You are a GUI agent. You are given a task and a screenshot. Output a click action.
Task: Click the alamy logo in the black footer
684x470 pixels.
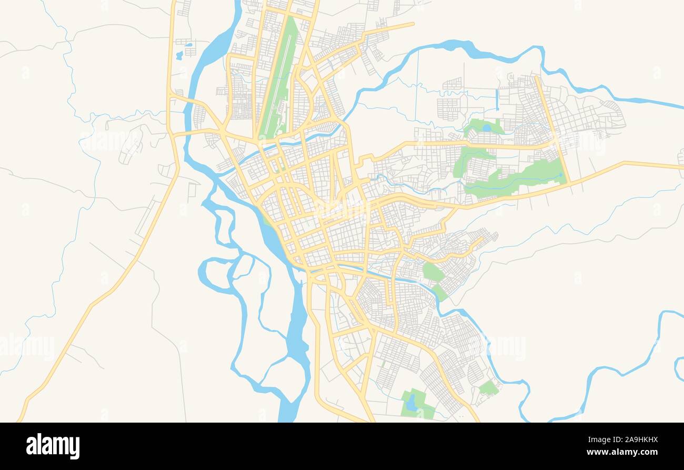(x=53, y=446)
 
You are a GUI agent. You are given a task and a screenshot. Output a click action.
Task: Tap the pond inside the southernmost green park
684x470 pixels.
(x=411, y=402)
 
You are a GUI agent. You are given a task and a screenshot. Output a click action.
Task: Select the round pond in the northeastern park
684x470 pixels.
(x=487, y=127)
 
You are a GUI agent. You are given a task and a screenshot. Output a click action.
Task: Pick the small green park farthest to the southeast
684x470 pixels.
(x=488, y=388)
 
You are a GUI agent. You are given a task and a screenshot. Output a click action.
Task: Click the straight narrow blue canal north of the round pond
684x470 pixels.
(x=497, y=100)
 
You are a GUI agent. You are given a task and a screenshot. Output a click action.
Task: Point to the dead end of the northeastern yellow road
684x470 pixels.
(x=414, y=23)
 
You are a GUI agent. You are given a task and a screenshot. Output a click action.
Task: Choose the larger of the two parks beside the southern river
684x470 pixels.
(x=432, y=272)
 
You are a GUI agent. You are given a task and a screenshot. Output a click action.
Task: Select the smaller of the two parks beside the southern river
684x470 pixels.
(x=439, y=293)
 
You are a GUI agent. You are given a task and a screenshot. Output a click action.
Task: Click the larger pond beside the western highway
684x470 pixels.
(x=179, y=55)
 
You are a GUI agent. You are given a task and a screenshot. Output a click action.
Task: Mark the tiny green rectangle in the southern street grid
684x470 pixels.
(x=384, y=364)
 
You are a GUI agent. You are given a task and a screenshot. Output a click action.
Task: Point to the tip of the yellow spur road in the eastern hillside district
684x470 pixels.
(x=482, y=238)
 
